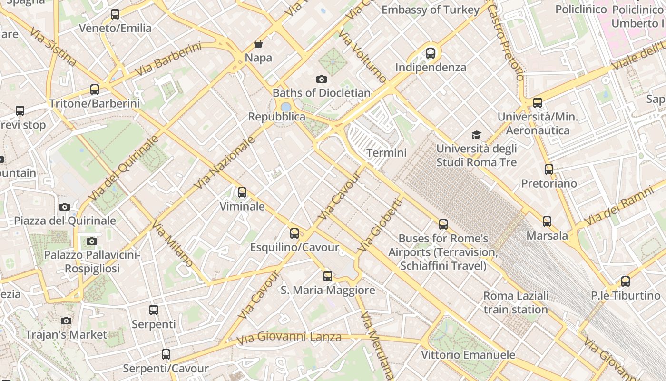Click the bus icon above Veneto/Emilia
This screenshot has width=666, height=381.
click(x=115, y=14)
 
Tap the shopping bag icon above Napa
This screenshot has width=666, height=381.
click(x=258, y=44)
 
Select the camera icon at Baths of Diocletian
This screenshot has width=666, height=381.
click(x=322, y=79)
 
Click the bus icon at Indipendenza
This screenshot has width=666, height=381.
click(x=431, y=53)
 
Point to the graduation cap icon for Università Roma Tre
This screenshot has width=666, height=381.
click(x=476, y=135)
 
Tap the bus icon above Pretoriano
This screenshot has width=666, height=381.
click(x=549, y=169)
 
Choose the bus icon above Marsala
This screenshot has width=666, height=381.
click(x=547, y=221)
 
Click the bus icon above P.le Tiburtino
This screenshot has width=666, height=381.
click(x=626, y=281)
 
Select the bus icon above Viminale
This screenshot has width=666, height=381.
click(x=242, y=192)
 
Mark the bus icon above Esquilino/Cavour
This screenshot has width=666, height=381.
click(x=294, y=233)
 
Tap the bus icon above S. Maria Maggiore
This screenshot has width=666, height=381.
click(x=328, y=276)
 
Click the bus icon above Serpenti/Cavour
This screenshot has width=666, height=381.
click(x=166, y=354)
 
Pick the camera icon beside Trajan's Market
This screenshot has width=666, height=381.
click(x=66, y=321)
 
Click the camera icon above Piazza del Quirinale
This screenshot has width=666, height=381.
click(x=65, y=207)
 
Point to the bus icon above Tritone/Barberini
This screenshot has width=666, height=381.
click(x=95, y=89)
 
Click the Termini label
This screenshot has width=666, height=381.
click(x=386, y=153)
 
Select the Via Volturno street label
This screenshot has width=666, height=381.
click(x=362, y=56)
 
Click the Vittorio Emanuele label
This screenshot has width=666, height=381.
click(x=468, y=355)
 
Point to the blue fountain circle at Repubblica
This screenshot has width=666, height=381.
click(x=286, y=107)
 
